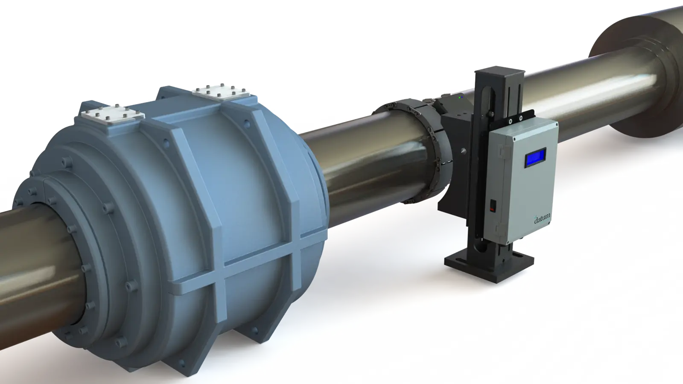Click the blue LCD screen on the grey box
pyautogui.click(x=535, y=157)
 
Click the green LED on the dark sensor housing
pyautogui.click(x=459, y=98)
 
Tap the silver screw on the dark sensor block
pyautogui.click(x=464, y=150)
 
